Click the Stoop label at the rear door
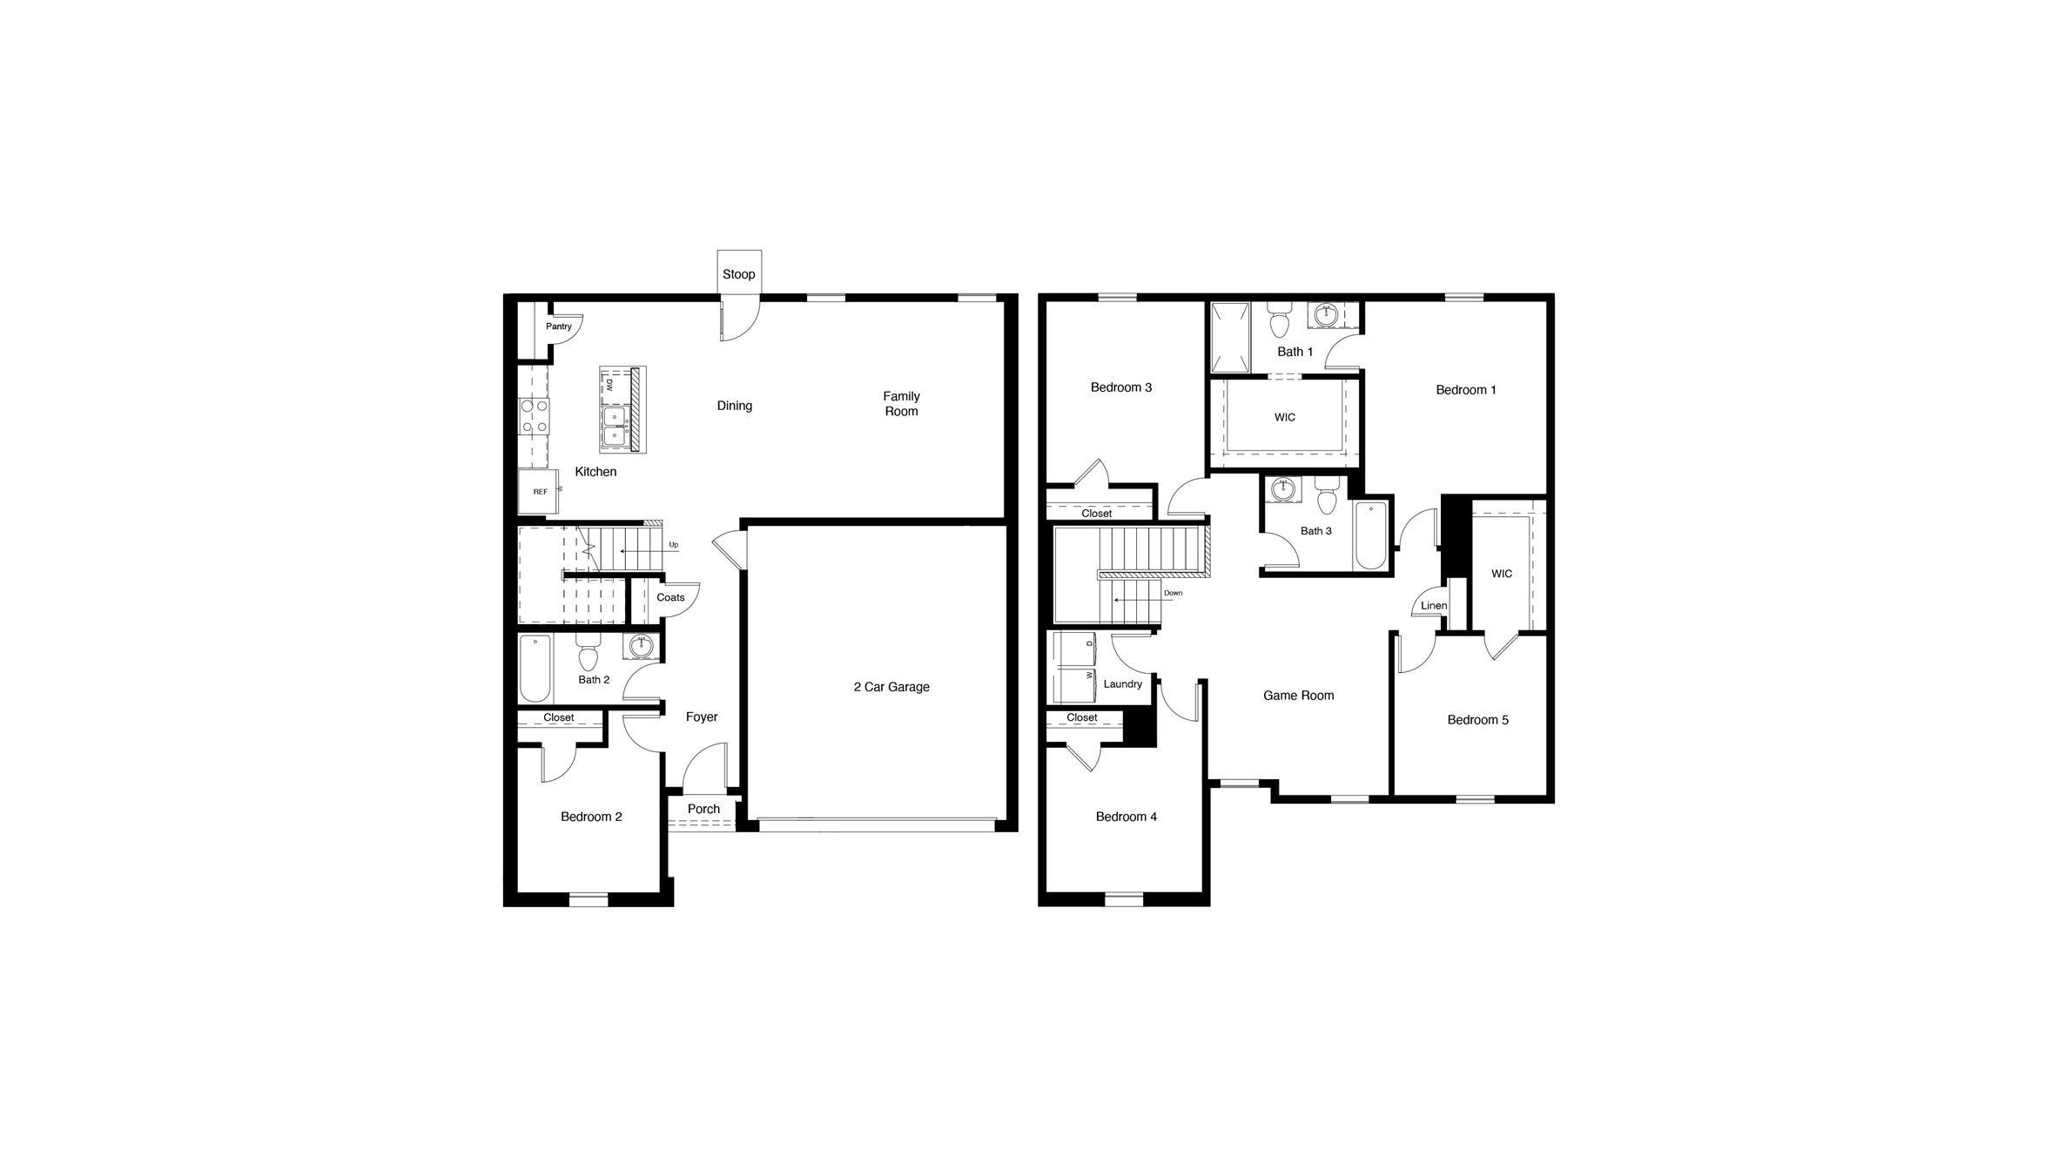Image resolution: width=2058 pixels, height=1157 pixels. [738, 274]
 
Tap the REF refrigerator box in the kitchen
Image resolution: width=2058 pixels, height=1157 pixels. [540, 492]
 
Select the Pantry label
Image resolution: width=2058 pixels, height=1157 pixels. [559, 326]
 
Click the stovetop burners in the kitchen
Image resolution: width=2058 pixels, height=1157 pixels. [534, 416]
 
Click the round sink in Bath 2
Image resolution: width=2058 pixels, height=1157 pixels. [642, 645]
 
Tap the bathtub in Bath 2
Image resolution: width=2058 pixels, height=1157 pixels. [535, 669]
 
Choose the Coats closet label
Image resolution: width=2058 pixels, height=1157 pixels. [670, 597]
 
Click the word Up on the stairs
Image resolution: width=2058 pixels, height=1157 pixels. [673, 545]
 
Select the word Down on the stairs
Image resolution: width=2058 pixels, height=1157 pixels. [1173, 593]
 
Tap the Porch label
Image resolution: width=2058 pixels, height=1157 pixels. [703, 809]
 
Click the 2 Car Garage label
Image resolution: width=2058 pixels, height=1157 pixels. [891, 687]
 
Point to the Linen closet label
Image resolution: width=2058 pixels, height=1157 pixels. [1434, 606]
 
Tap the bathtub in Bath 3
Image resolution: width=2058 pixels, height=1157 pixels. [1370, 535]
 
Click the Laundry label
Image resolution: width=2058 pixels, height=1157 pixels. [1122, 684]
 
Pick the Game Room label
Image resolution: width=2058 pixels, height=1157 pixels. [1298, 696]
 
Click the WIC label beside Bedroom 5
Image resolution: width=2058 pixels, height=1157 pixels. [1502, 574]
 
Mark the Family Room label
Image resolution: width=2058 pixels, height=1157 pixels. [901, 404]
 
